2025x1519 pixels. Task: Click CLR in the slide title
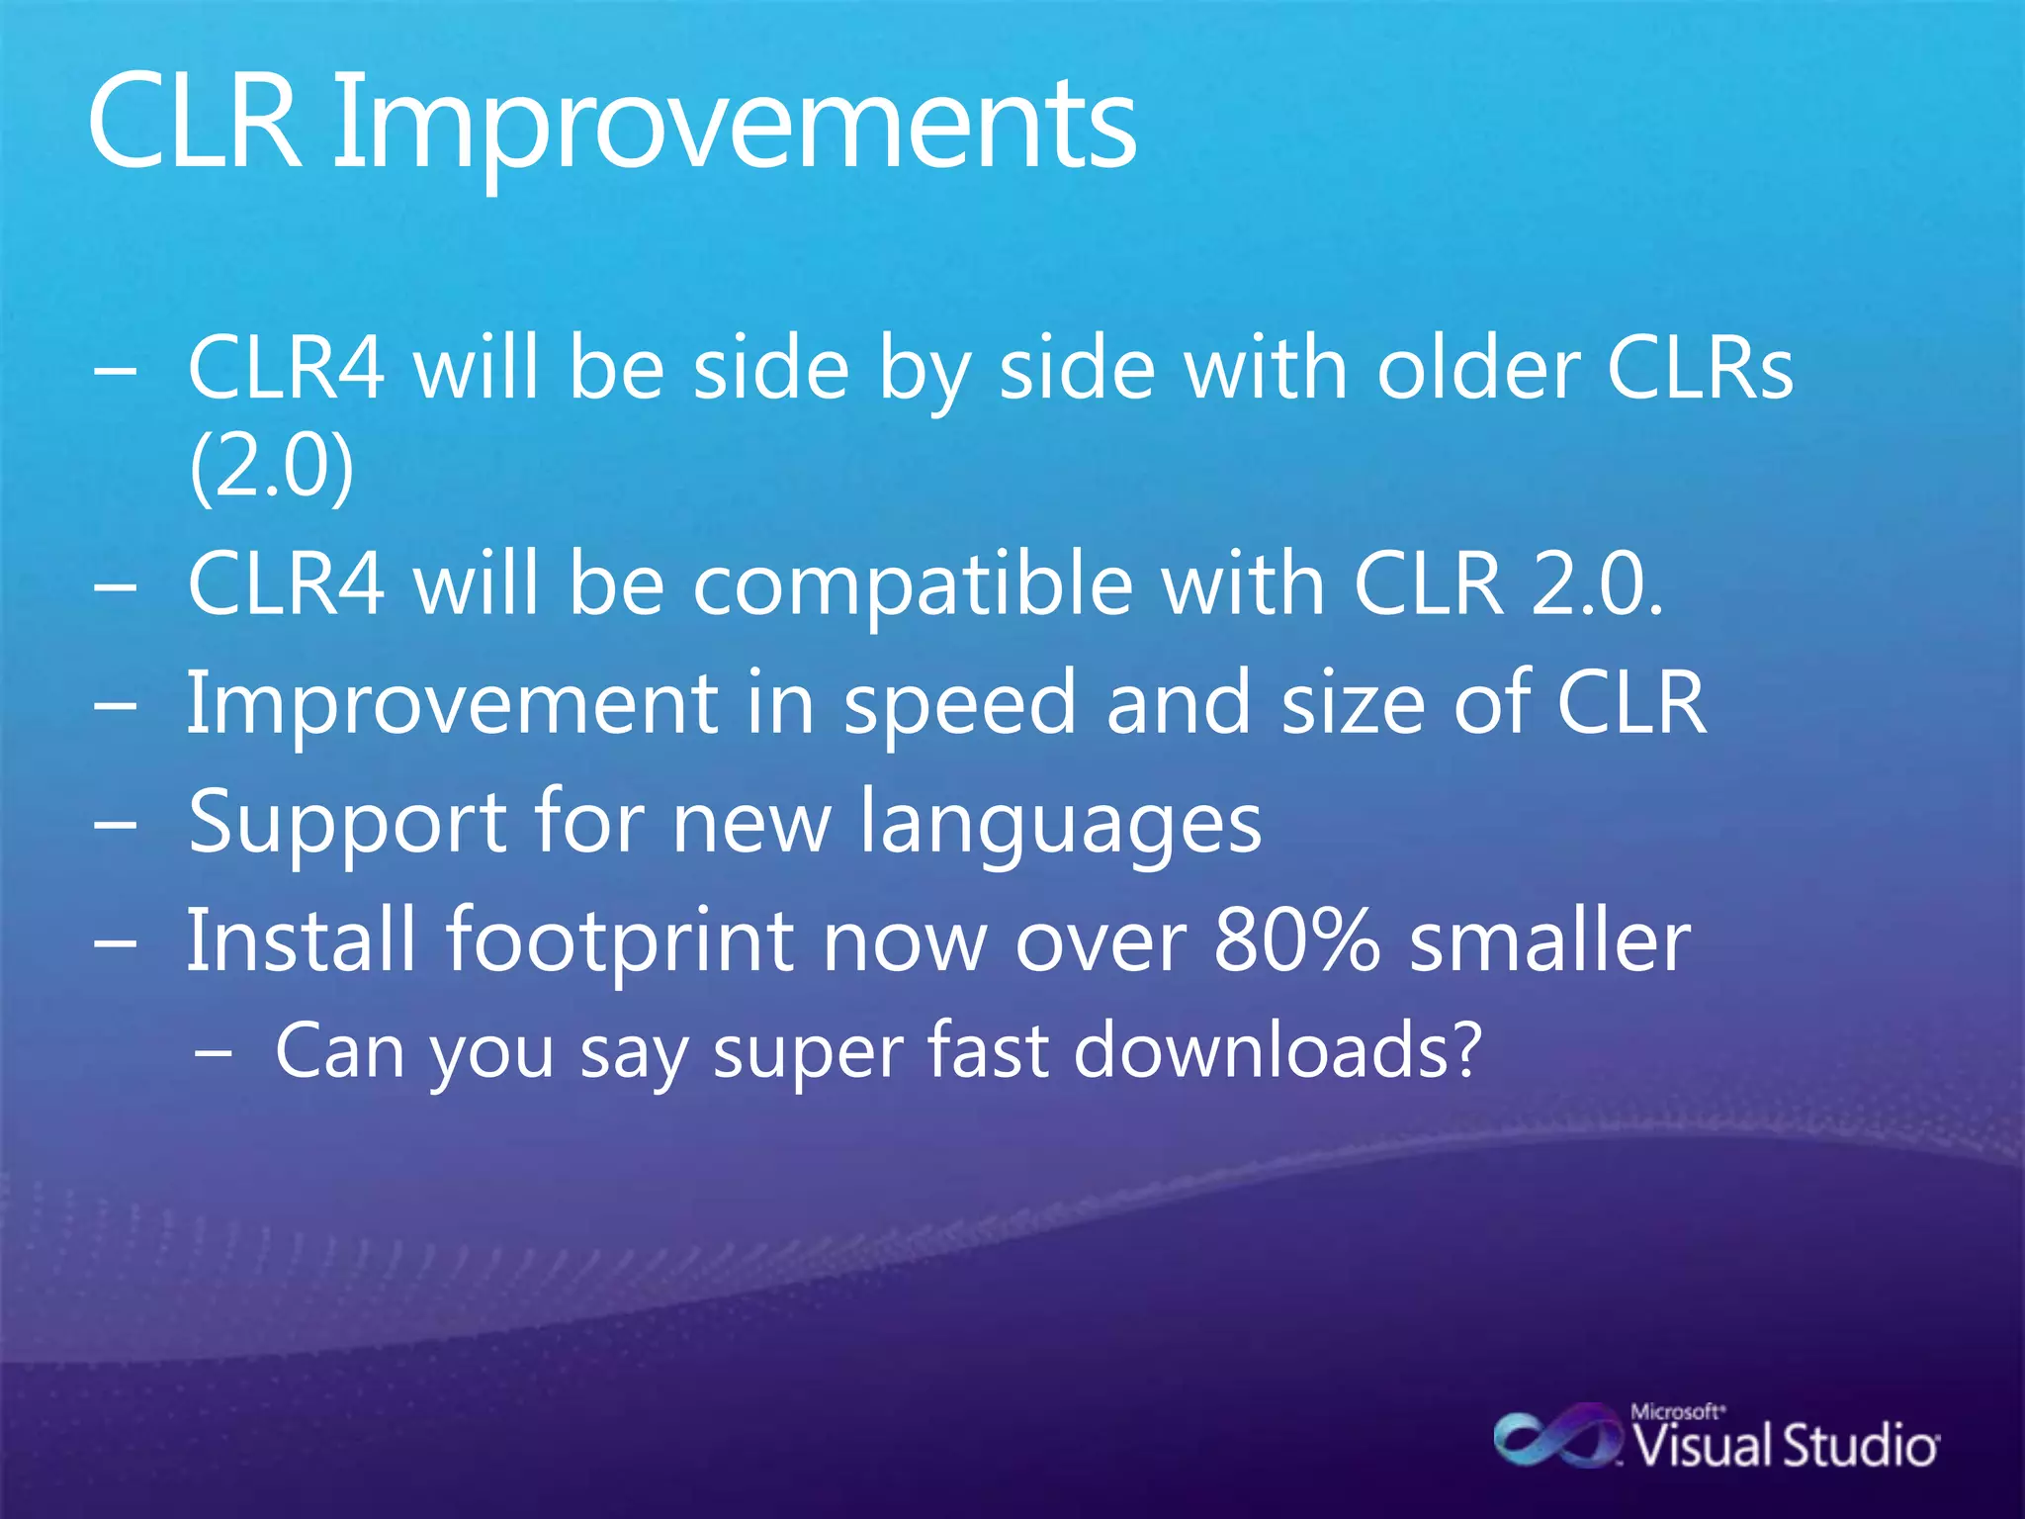point(194,124)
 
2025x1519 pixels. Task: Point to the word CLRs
point(1699,368)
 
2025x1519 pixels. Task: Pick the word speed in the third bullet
point(958,704)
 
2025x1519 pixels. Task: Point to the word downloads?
point(1277,1050)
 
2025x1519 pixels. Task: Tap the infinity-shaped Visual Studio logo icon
point(1555,1439)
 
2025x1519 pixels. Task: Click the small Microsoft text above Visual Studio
point(1677,1411)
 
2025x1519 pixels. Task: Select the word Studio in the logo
point(1858,1447)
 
